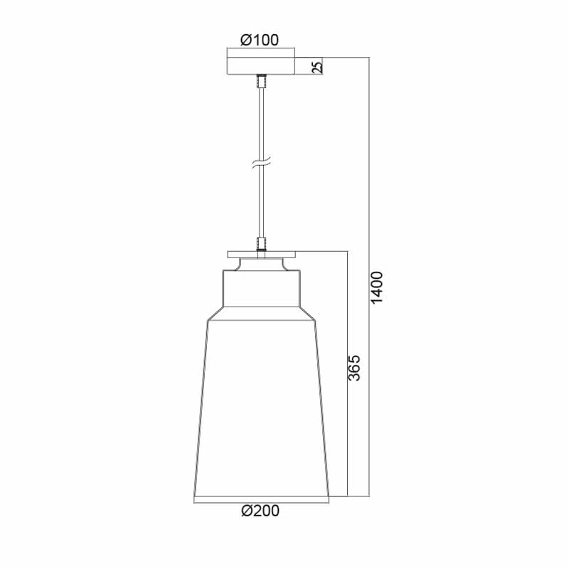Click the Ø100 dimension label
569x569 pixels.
260,40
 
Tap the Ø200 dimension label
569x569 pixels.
260,511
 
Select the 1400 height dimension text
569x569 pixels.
377,287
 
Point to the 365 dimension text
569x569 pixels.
354,368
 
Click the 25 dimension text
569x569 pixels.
317,67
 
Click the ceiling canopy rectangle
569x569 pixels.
261,66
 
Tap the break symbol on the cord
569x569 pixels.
261,164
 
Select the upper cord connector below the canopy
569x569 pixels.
261,81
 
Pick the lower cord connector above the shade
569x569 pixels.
261,243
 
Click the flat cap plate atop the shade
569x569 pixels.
261,255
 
